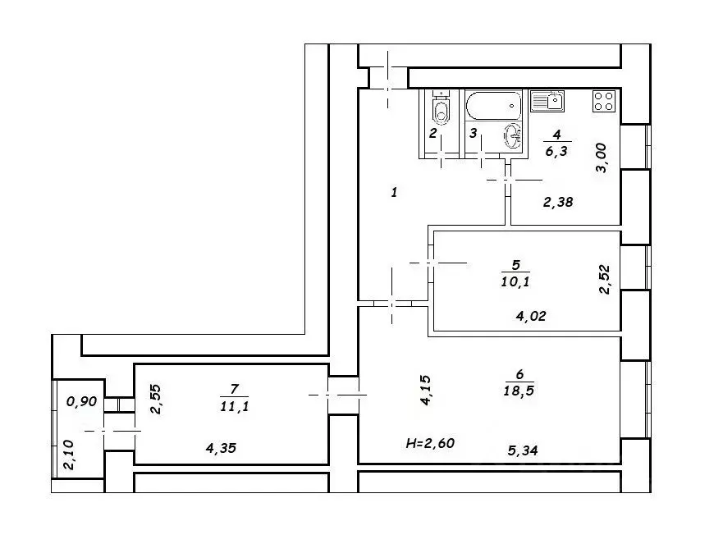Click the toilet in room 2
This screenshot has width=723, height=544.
pos(442,108)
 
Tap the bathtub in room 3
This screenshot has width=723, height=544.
pos(493,106)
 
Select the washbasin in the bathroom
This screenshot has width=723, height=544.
pos(513,136)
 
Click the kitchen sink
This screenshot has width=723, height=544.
pos(547,101)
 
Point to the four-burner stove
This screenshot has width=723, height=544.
pos(604,101)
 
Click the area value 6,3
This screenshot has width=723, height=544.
pos(556,151)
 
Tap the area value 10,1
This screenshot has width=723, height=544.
pos(515,281)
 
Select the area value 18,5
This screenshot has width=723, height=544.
pos(519,390)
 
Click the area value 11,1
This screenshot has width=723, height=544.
pos(234,406)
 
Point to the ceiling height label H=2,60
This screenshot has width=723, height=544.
pos(430,444)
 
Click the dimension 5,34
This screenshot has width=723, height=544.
pos(523,450)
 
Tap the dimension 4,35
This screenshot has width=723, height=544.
pos(222,448)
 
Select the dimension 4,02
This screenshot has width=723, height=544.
pos(531,316)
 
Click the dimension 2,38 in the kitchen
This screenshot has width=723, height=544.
pos(558,202)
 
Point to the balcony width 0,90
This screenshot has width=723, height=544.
pos(82,401)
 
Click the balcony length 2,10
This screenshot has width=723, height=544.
pos(68,455)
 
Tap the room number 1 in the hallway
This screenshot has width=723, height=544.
pos(394,192)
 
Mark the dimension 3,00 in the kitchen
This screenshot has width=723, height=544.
pos(602,158)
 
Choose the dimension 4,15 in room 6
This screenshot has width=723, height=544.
pos(425,390)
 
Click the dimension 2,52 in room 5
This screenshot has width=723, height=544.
pos(605,279)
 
